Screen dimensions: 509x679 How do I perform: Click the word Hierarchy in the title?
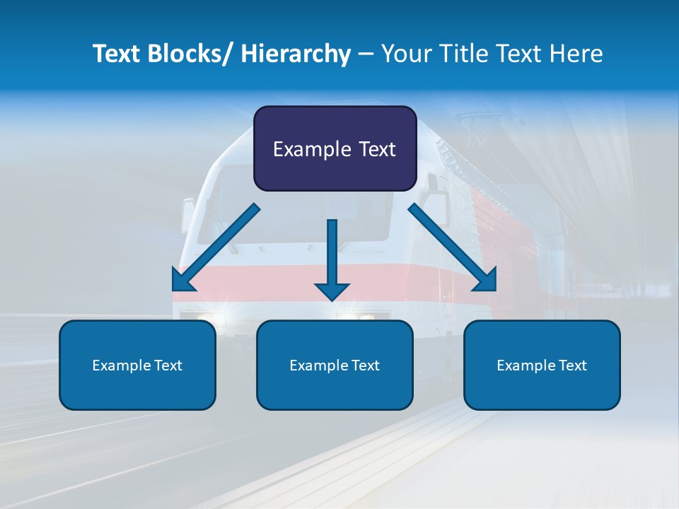coord(296,54)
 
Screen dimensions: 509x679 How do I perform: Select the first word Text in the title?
coord(118,54)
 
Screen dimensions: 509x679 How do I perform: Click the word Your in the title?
coord(407,54)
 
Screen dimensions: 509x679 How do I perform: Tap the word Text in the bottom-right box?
coord(572,365)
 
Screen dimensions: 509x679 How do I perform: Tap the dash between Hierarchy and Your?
coord(366,54)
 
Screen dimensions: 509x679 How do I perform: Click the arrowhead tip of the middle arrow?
coord(332,300)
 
